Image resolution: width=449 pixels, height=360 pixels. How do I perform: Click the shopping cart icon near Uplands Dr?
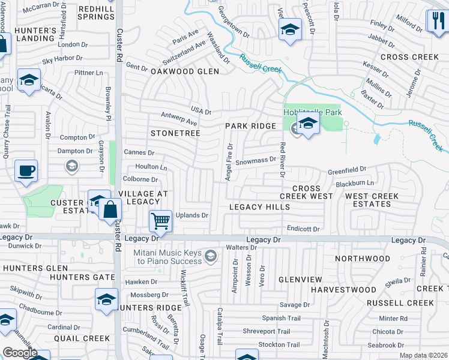click(x=160, y=221)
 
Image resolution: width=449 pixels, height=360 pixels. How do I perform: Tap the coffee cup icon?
click(x=26, y=171)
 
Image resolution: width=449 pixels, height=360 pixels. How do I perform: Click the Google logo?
click(x=20, y=353)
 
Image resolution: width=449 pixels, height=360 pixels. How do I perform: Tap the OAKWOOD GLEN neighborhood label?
click(x=176, y=71)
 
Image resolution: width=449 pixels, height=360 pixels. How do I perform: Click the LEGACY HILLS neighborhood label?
click(x=260, y=207)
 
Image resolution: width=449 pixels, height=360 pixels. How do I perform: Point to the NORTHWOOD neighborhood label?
click(x=362, y=259)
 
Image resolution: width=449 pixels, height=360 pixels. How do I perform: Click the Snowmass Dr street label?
click(x=255, y=160)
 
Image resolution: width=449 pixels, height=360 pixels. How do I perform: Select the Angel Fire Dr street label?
click(x=229, y=163)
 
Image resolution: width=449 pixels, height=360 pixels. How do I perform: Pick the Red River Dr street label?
click(x=282, y=159)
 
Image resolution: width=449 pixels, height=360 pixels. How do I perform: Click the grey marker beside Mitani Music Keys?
click(x=210, y=257)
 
